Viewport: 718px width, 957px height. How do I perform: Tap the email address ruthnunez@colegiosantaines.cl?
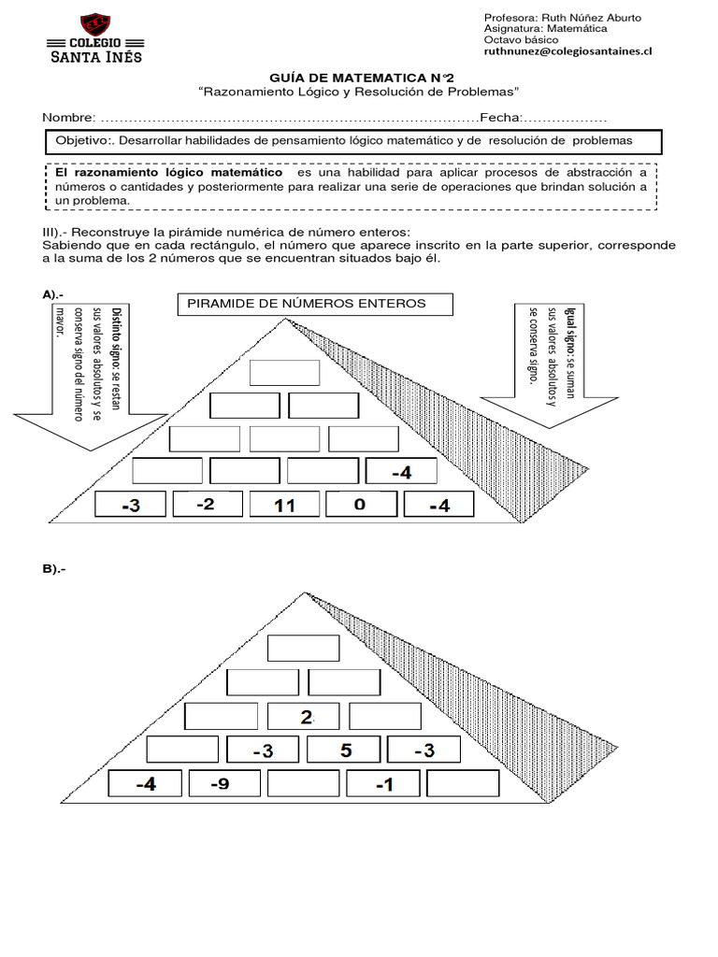coord(567,53)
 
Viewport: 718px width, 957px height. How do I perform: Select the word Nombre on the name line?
coord(68,118)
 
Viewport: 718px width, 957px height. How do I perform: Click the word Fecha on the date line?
coord(499,118)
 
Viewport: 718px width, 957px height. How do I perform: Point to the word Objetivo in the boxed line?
coord(82,140)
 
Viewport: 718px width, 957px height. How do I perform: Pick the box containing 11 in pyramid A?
coord(284,506)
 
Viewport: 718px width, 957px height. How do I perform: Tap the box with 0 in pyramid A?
coord(360,505)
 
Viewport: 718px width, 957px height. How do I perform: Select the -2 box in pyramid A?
coord(207,505)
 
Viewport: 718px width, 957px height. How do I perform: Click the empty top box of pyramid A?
coord(284,373)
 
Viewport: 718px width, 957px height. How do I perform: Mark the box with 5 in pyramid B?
coord(345,750)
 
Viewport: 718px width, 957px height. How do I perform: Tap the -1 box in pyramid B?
coord(384,784)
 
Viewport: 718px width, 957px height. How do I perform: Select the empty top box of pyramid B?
coord(305,648)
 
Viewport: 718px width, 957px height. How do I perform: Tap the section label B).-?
coord(54,569)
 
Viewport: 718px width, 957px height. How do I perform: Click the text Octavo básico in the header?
coord(523,41)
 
